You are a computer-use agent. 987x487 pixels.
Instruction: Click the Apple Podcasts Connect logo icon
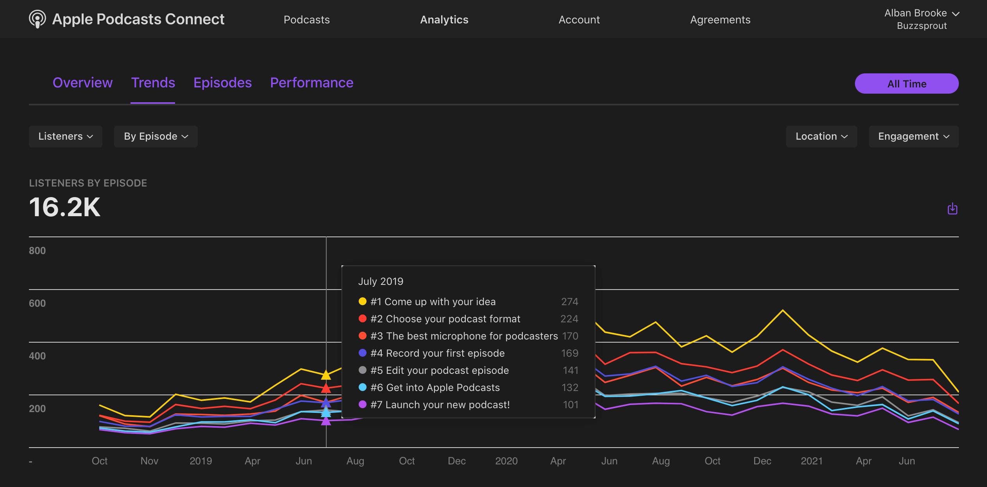click(37, 19)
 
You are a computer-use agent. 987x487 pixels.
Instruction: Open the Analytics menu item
click(444, 20)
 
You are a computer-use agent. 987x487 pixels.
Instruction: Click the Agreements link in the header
click(720, 20)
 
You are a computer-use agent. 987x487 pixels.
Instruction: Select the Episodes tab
click(222, 83)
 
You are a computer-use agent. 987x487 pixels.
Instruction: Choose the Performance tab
click(311, 83)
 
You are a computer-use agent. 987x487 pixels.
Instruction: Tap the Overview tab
click(82, 83)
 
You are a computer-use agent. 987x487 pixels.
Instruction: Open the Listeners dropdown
click(65, 136)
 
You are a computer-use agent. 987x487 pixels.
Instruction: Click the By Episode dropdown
click(156, 136)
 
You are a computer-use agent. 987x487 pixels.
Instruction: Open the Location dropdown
click(821, 136)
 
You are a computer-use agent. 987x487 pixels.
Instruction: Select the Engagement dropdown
click(913, 136)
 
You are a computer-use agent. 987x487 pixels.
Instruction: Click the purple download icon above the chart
click(952, 208)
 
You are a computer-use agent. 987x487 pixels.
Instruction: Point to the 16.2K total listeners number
click(65, 207)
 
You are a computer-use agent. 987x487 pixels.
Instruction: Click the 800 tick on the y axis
click(37, 251)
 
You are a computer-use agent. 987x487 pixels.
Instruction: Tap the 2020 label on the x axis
click(506, 461)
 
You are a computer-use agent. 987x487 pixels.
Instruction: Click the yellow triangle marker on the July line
click(326, 375)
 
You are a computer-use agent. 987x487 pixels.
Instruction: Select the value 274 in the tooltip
click(569, 302)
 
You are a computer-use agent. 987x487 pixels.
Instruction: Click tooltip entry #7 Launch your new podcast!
click(440, 405)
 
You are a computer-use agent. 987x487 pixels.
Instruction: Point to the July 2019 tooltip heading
click(381, 281)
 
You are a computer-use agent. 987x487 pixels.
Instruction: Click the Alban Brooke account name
click(915, 13)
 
